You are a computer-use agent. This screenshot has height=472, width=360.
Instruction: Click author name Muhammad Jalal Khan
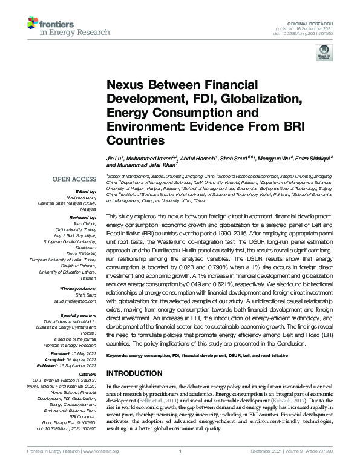point(142,165)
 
